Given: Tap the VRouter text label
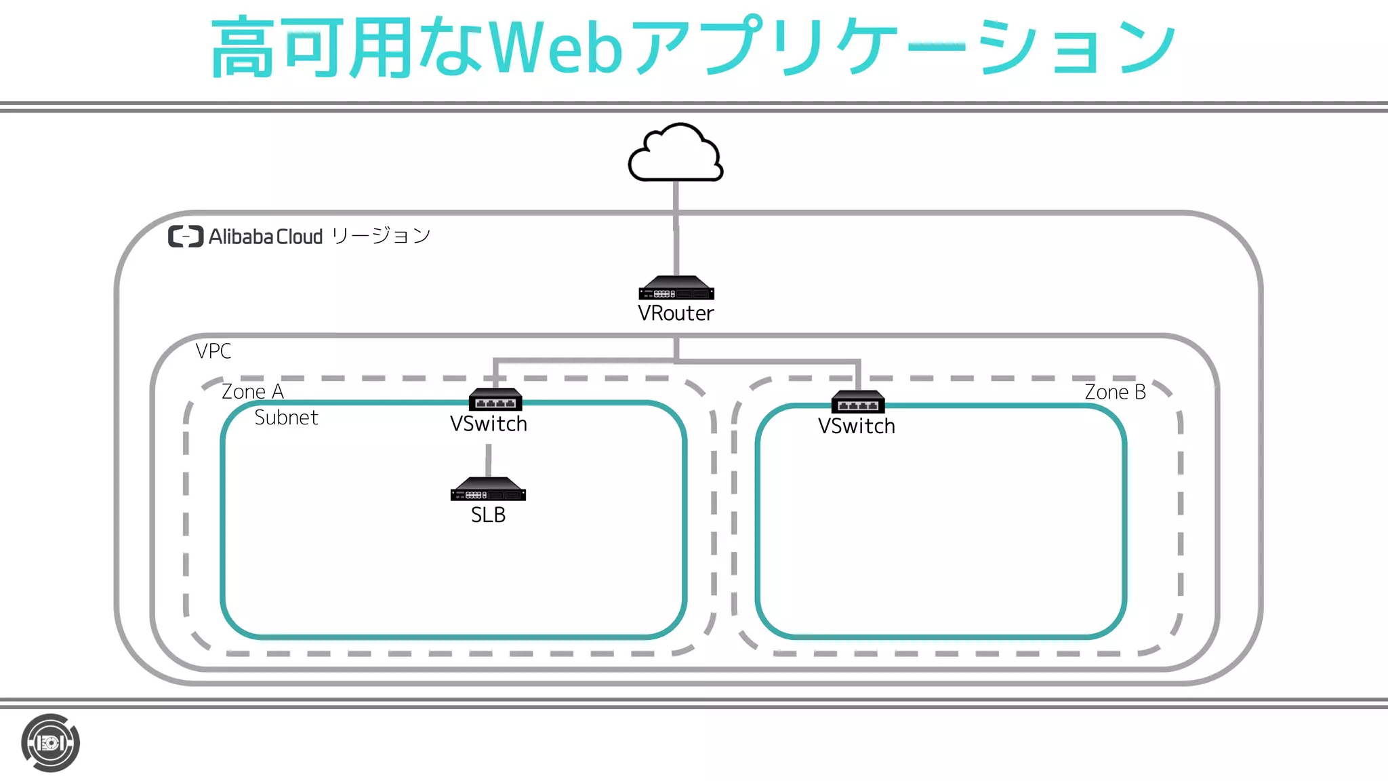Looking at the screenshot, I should [676, 313].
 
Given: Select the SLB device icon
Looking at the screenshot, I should [488, 489].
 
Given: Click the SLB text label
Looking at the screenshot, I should [488, 515].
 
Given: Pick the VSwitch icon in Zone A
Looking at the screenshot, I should [495, 399].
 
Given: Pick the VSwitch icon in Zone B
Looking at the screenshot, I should [858, 402].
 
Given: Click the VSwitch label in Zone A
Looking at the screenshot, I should [488, 424].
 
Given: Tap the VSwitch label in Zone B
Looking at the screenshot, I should [856, 426].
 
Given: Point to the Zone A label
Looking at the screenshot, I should [252, 392].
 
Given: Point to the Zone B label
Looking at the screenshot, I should [1115, 392].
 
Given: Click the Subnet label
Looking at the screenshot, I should [286, 418].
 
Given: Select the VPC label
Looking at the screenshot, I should [213, 351].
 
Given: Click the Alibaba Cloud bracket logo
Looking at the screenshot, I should [186, 236].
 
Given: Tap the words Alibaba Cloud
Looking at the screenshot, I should [266, 237].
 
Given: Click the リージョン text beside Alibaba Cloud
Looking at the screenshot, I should [381, 236].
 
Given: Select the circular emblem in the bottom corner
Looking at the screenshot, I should [50, 743].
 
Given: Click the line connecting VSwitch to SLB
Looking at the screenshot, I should [488, 460].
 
